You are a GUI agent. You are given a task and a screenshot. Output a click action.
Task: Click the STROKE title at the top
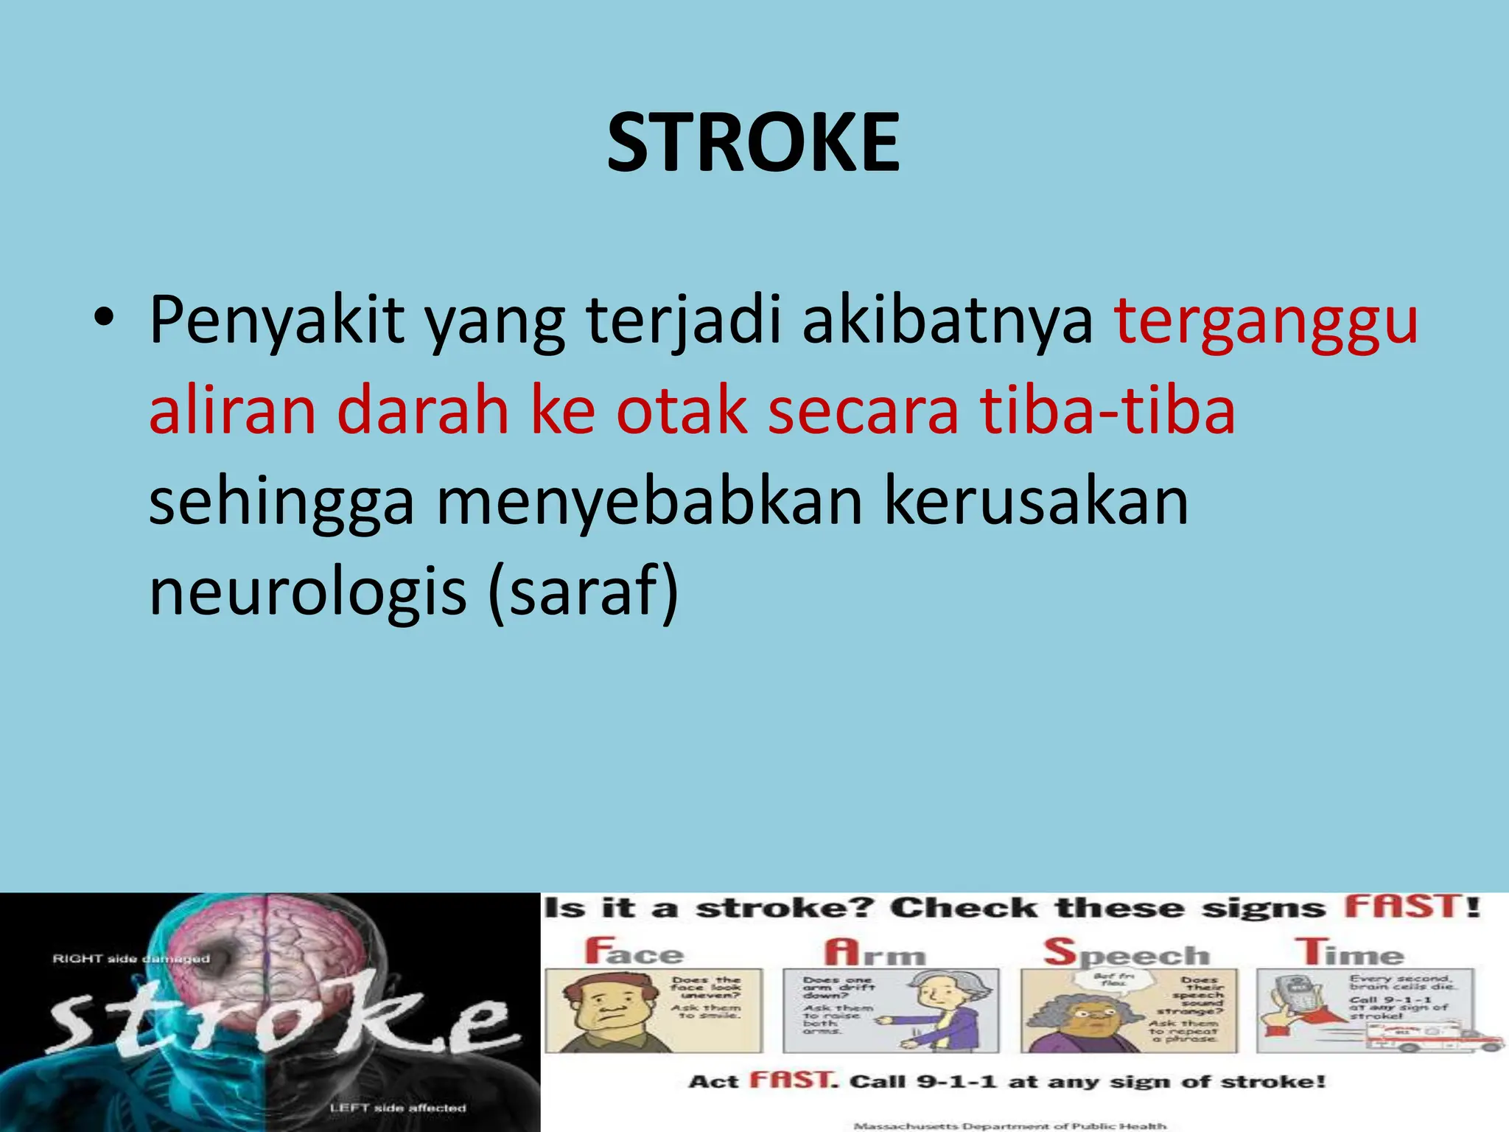[x=753, y=143]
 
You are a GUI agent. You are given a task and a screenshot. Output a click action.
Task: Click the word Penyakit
[x=277, y=321]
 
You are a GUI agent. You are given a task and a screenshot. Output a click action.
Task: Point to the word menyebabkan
[x=649, y=502]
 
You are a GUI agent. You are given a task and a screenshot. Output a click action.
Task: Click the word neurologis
[x=308, y=592]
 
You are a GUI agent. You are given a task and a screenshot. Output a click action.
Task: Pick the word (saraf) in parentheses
[x=583, y=592]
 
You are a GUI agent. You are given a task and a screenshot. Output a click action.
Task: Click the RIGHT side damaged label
[x=131, y=959]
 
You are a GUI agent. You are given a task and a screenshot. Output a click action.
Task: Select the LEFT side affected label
[x=397, y=1108]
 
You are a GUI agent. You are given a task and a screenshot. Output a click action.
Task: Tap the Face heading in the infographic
[x=634, y=951]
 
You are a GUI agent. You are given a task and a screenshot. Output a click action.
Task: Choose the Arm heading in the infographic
[x=875, y=953]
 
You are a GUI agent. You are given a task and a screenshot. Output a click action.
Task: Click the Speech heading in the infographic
[x=1127, y=953]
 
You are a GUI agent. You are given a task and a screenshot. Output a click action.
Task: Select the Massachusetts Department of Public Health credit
[x=1009, y=1125]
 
